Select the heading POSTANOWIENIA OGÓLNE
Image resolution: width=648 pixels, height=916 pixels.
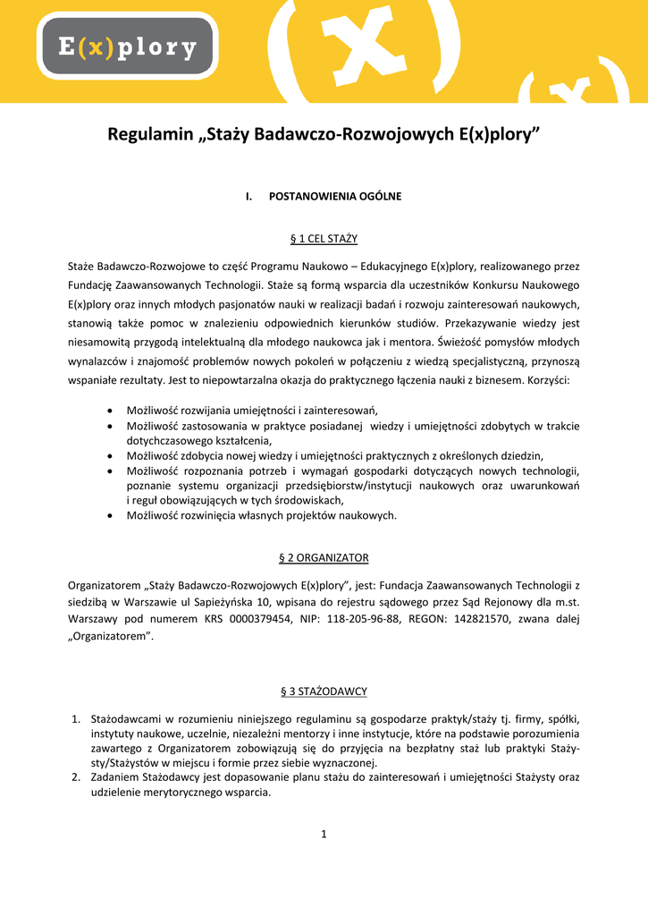(x=335, y=196)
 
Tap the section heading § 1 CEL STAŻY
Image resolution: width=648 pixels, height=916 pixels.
(x=324, y=239)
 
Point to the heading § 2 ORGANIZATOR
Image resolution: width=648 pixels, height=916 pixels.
(x=324, y=557)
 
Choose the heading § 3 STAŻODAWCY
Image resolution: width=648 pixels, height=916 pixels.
(x=324, y=691)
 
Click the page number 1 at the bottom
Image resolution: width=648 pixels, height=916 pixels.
(x=324, y=835)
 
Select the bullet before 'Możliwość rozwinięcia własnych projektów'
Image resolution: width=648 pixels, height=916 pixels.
(x=109, y=515)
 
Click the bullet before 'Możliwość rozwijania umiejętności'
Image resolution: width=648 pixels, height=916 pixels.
(x=109, y=409)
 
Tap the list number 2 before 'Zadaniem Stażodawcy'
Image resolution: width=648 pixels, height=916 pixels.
(x=76, y=777)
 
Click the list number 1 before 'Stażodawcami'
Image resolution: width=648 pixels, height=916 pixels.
(x=76, y=718)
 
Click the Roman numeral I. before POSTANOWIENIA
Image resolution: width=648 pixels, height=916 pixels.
(x=249, y=196)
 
